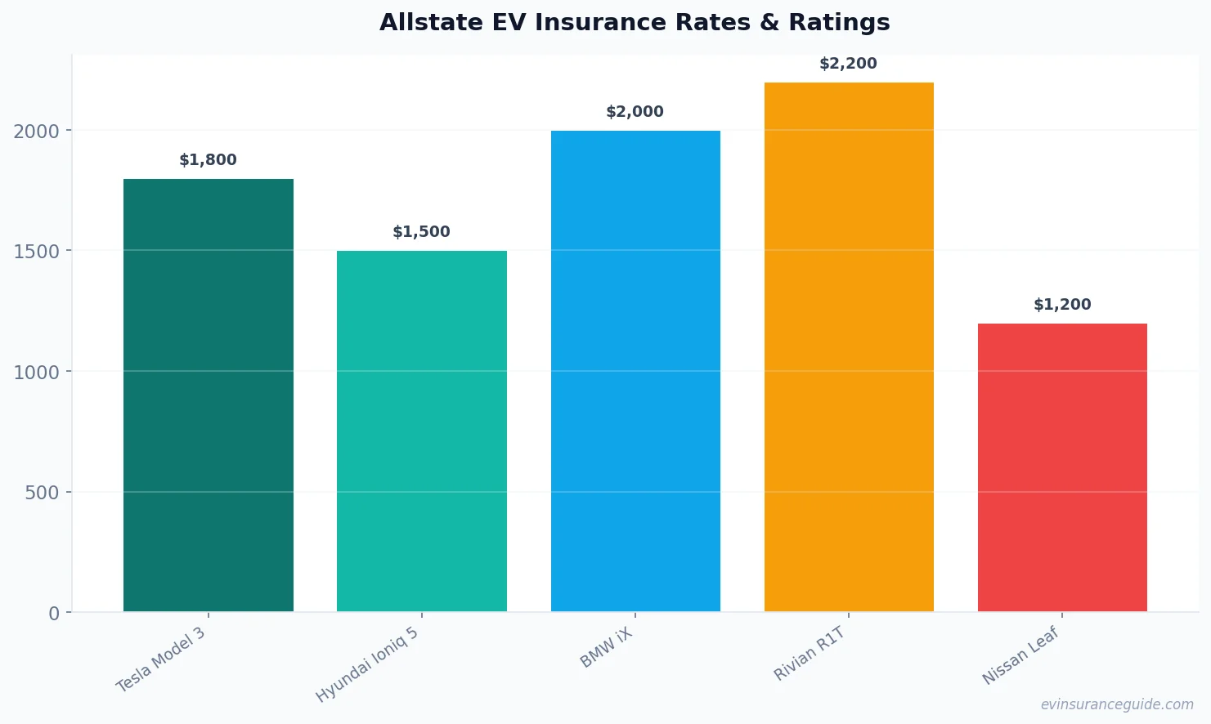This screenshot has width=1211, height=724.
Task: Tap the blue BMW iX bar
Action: [635, 371]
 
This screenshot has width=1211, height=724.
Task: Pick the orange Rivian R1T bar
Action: [849, 346]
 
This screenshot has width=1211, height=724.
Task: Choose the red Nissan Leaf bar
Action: [1062, 467]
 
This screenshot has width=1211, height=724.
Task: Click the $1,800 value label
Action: [208, 160]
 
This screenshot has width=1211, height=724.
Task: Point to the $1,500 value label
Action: [421, 232]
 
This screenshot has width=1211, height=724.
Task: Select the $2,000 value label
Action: [635, 112]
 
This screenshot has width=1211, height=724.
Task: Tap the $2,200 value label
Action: [848, 64]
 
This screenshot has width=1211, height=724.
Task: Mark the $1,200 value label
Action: [1062, 305]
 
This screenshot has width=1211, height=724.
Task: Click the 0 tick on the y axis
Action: [54, 613]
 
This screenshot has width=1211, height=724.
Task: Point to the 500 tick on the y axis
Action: [43, 493]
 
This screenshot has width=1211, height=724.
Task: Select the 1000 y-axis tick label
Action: [37, 373]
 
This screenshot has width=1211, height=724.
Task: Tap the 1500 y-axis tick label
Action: [37, 252]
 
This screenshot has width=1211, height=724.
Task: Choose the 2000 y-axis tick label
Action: [37, 132]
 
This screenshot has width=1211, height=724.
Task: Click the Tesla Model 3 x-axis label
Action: [161, 660]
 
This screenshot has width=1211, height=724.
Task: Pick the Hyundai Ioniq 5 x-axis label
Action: [367, 665]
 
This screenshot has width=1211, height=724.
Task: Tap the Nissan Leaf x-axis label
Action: [1020, 655]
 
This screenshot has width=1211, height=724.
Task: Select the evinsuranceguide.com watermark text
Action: [1117, 704]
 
